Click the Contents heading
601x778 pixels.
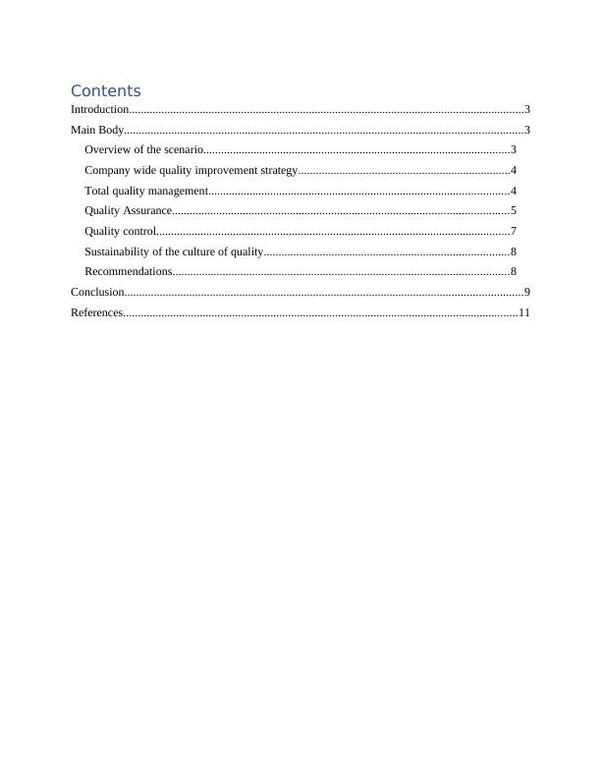coord(106,91)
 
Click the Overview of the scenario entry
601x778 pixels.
coord(143,150)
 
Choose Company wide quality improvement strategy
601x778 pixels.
coord(191,171)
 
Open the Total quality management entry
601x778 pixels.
coord(146,191)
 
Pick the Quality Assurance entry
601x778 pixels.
coord(129,210)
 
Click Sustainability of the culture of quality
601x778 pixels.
coord(174,251)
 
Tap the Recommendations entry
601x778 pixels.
coord(129,271)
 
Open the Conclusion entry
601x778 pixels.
coord(97,292)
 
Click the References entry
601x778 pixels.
coord(96,312)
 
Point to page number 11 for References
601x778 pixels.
coord(524,312)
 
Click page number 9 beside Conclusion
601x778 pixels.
coord(527,292)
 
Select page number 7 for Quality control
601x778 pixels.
coord(514,231)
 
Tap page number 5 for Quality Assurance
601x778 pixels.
coord(514,210)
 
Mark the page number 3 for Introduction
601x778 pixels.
coord(527,110)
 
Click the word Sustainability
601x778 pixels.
coord(118,251)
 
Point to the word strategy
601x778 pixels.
coord(279,171)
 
